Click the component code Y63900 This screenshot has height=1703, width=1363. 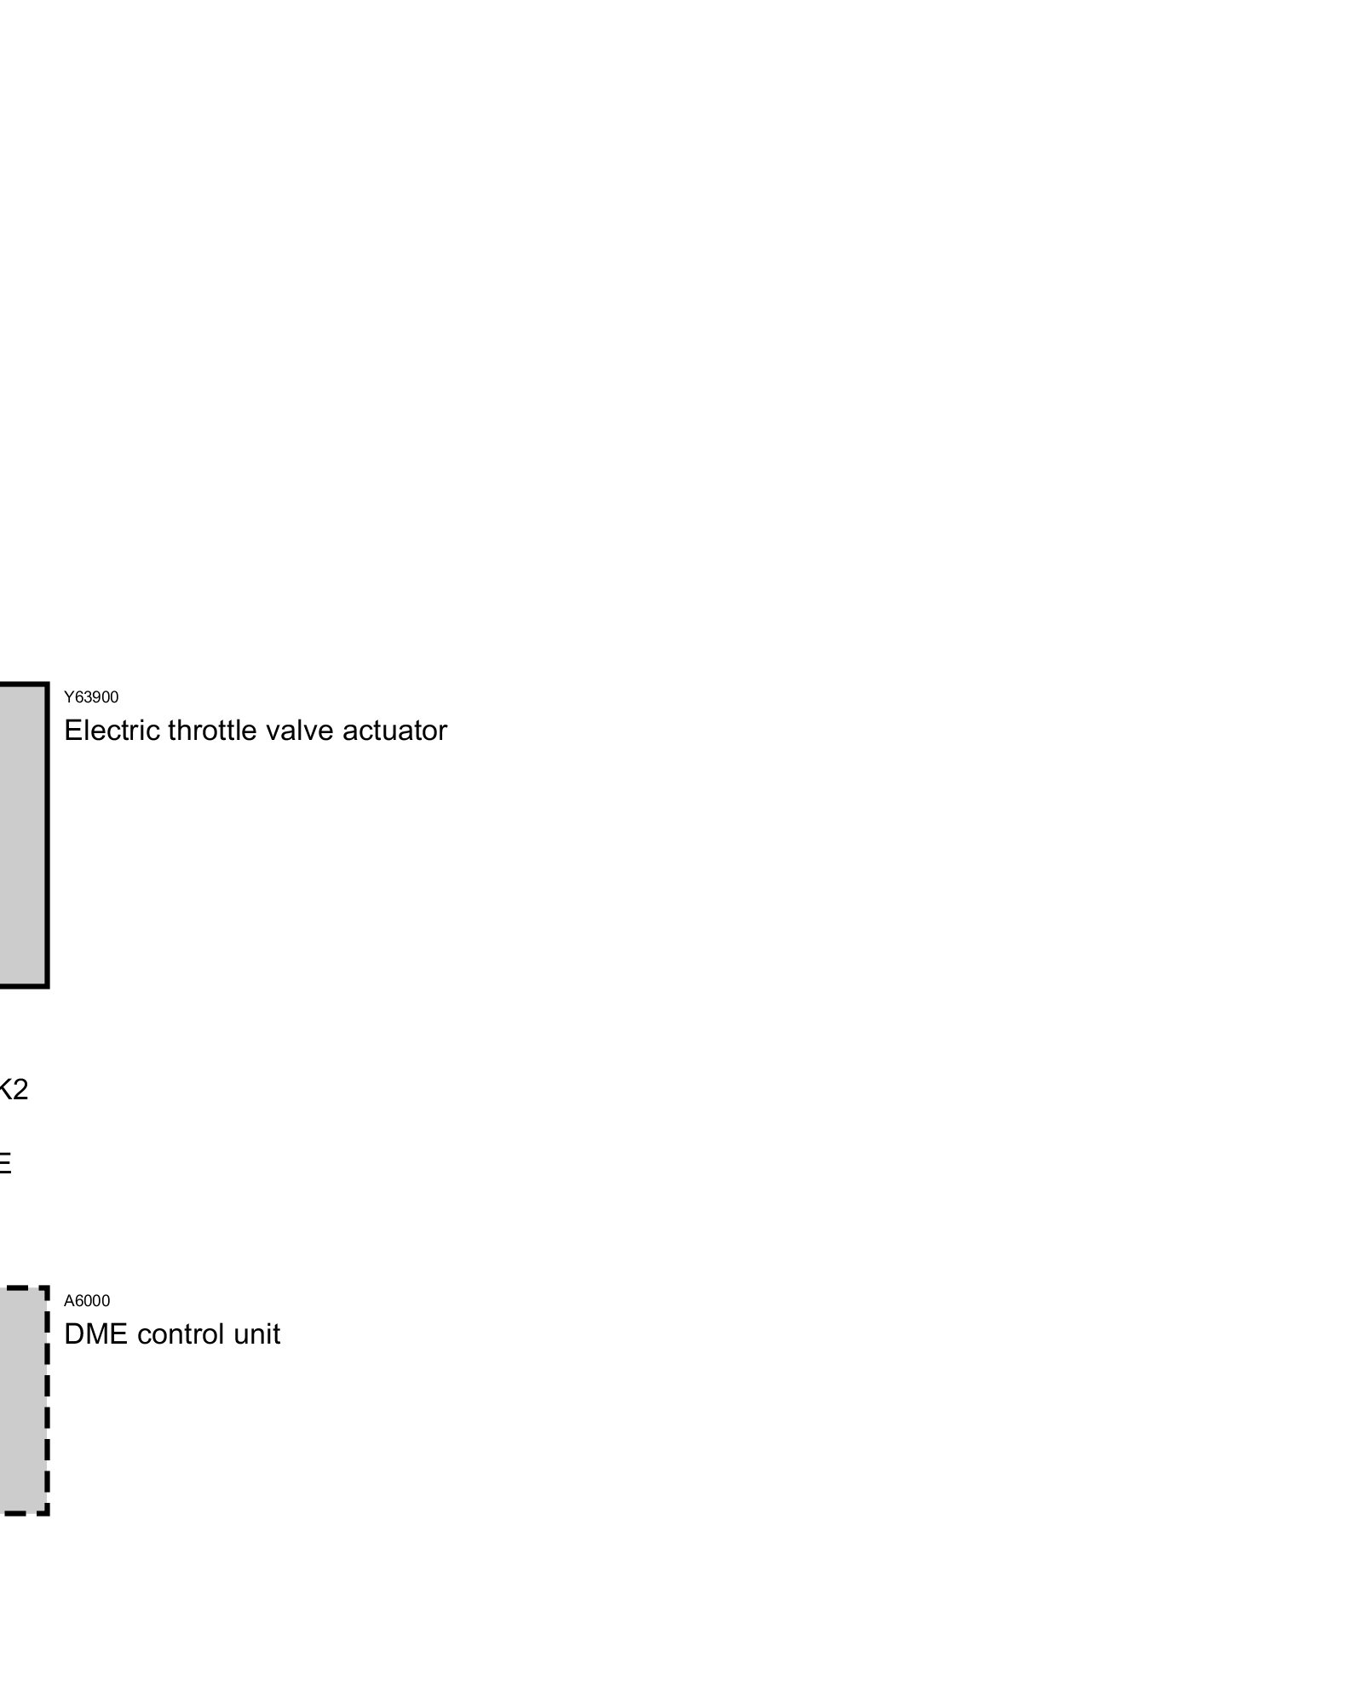91,697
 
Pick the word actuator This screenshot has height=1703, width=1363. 395,731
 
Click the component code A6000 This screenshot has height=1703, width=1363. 87,1300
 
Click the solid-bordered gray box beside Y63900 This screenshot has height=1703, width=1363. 21,834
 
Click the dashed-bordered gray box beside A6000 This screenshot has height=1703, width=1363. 21,1401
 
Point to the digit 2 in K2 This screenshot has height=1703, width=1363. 20,1089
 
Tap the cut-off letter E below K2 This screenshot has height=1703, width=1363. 4,1164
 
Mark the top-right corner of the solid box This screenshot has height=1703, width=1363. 47,684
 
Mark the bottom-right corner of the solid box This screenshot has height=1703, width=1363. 47,986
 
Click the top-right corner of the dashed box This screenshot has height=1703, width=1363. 47,1288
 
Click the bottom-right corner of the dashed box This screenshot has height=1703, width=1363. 47,1513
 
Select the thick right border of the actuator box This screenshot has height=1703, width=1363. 47,834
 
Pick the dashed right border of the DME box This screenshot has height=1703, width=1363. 47,1401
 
